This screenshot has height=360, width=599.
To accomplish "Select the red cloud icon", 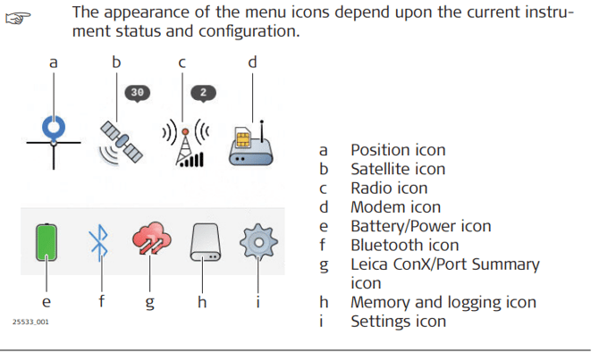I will (151, 242).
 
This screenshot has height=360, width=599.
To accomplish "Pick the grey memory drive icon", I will (206, 243).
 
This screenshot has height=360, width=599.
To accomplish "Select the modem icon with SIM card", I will (250, 143).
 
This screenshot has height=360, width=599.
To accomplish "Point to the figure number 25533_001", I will (30, 321).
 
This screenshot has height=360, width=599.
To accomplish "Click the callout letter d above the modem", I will (251, 62).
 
